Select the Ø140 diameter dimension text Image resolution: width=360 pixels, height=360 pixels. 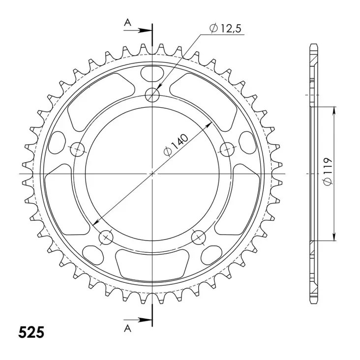[175, 145]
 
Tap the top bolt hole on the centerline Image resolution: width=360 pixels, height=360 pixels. [153, 95]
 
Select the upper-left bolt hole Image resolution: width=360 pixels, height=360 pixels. [78, 149]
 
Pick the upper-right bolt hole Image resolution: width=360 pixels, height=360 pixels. [228, 149]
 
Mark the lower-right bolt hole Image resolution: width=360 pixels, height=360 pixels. [199, 238]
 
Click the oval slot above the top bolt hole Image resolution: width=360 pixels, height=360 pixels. [152, 73]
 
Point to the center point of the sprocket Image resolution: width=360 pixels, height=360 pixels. [153, 174]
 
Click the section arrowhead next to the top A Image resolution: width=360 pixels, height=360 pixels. [146, 30]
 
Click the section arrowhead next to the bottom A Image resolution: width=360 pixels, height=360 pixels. [146, 320]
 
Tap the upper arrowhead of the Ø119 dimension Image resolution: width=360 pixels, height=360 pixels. [335, 110]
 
